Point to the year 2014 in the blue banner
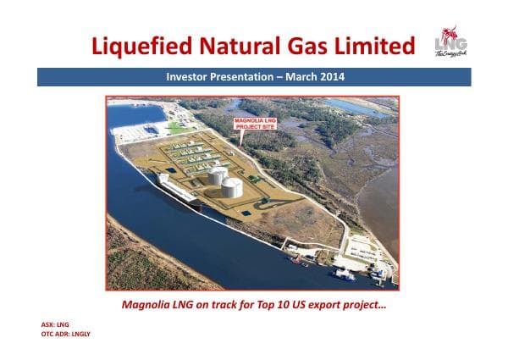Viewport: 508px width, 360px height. click(x=332, y=77)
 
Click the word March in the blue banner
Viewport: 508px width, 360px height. click(x=296, y=77)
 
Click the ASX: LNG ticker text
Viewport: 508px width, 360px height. click(x=54, y=324)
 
